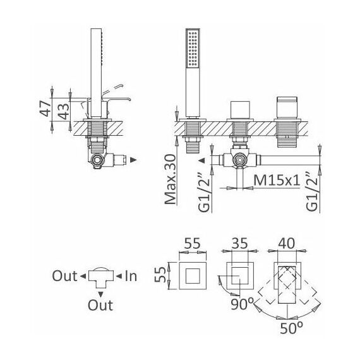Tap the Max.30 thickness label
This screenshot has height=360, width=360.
point(171,179)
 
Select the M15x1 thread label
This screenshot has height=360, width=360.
point(277,180)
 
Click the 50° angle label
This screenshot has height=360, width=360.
point(292,328)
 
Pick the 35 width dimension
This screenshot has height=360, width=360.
point(240,243)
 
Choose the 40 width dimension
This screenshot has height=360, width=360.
point(286,243)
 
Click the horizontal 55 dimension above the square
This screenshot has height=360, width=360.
point(193,243)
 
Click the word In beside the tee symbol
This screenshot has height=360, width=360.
point(131,276)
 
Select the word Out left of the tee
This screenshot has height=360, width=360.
point(65,276)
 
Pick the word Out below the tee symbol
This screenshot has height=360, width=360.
point(100,305)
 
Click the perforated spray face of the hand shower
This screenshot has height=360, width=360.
point(193,48)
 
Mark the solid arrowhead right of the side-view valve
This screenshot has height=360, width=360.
point(133,160)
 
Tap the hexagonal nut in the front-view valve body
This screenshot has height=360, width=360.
point(240,160)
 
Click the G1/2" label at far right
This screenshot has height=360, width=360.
point(313,192)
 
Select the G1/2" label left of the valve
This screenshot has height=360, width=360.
point(204,192)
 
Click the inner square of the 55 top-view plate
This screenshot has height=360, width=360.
point(193,275)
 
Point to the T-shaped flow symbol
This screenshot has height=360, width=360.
point(101,279)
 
